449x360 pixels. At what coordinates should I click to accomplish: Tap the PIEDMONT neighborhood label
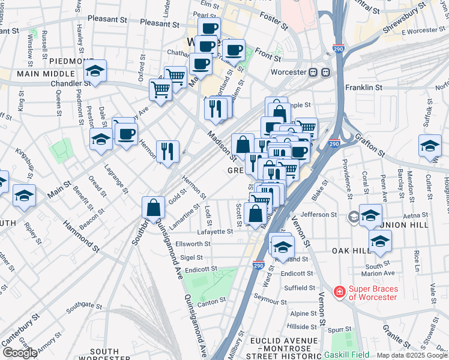[x=71, y=61]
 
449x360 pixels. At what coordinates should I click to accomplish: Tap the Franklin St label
[x=363, y=88]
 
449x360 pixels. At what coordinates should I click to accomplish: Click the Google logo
[x=20, y=353]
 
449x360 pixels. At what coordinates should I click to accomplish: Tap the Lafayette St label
[x=214, y=231]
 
